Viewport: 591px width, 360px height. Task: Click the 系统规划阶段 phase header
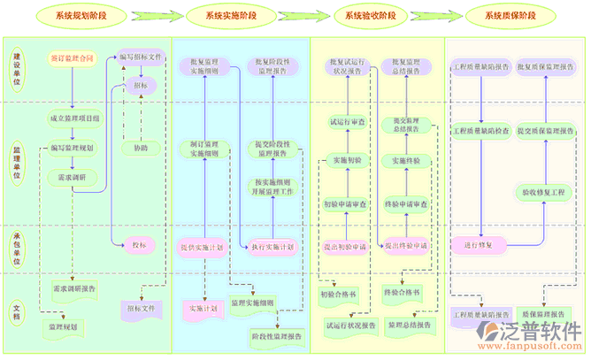[89, 16]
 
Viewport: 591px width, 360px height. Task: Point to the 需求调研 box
[72, 177]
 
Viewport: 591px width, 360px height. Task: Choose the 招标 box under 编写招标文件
[141, 86]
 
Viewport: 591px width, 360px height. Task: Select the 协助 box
[141, 148]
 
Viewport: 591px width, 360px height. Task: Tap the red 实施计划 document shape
[204, 309]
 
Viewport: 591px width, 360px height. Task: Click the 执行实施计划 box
[272, 247]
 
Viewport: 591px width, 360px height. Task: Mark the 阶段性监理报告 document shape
[276, 335]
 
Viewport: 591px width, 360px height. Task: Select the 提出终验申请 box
[406, 245]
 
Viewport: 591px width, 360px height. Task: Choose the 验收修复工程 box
[542, 191]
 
